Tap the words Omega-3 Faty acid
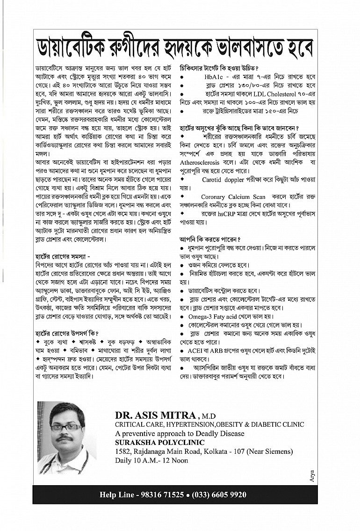coord(210,316)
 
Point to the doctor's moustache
coord(65,439)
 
